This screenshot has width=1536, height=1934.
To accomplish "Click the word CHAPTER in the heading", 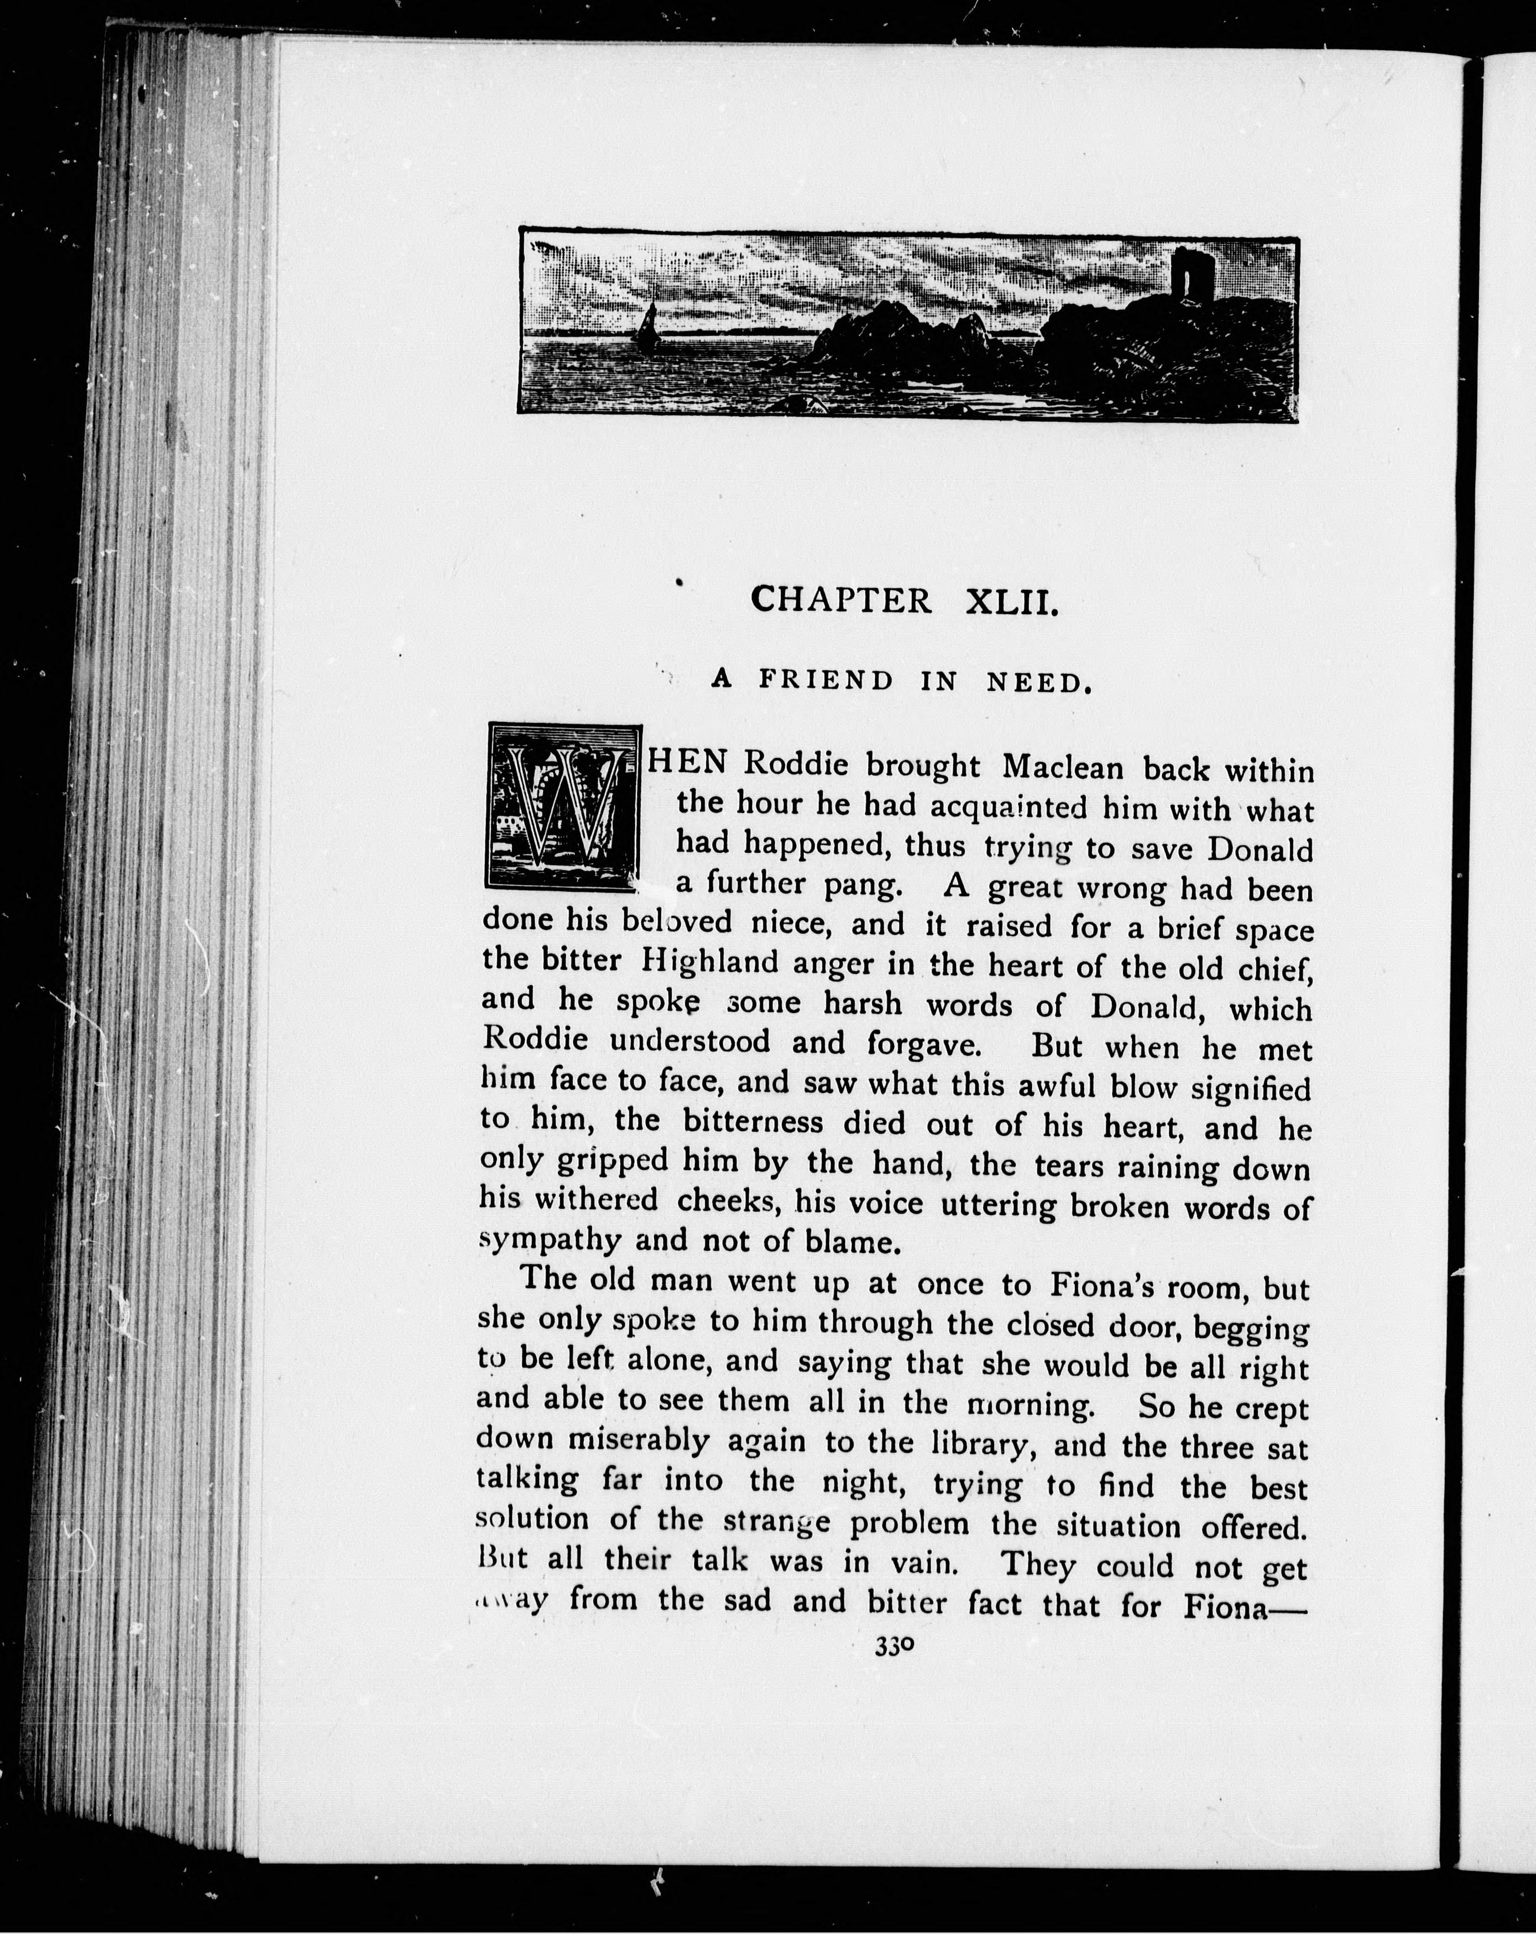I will [x=842, y=600].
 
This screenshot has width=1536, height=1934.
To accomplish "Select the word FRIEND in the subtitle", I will [x=826, y=681].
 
